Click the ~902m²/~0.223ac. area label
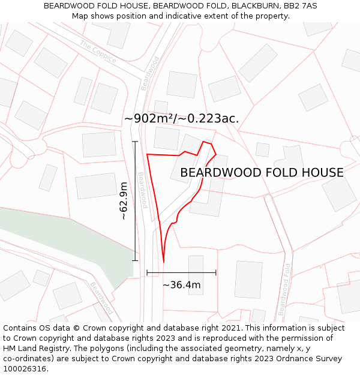pos(181,119)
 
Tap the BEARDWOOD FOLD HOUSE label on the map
pos(262,173)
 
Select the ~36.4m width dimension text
pos(181,285)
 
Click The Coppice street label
pos(97,53)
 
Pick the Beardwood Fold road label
pos(284,289)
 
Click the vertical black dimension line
pos(135,201)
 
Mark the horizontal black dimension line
pos(181,273)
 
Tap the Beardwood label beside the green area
pos(101,298)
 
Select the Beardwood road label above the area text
pos(151,73)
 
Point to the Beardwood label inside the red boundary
pos(142,190)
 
